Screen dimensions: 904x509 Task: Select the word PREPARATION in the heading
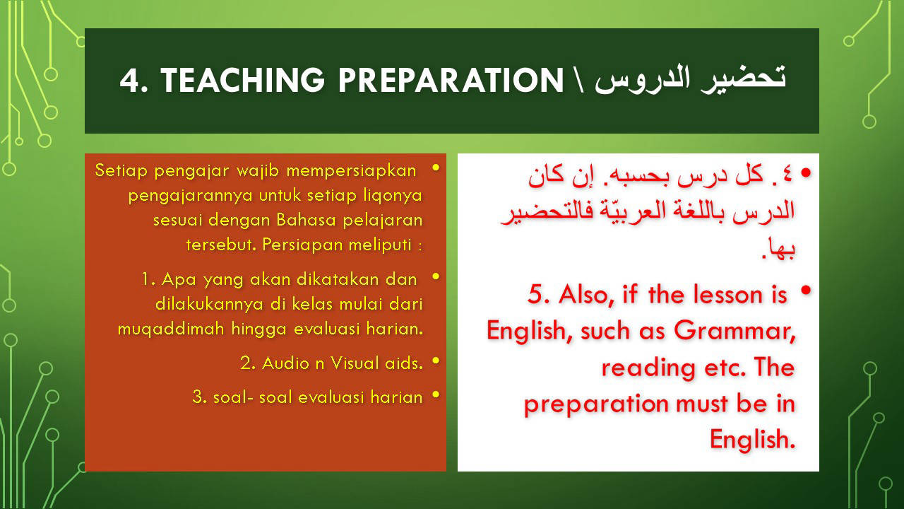point(451,80)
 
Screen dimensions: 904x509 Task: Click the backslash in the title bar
point(578,81)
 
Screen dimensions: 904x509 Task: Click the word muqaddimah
point(171,329)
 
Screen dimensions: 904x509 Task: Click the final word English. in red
point(752,440)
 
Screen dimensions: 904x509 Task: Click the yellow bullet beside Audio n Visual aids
point(436,361)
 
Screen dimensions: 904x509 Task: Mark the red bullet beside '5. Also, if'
point(806,291)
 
